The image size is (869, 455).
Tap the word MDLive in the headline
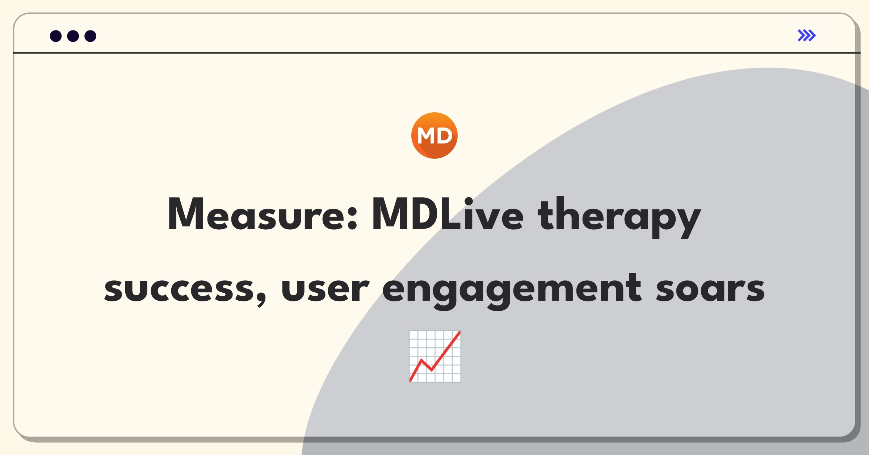(x=448, y=214)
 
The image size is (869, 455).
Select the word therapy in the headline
(x=619, y=217)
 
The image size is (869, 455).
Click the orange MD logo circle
(x=434, y=135)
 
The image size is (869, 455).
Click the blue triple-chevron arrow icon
(x=807, y=36)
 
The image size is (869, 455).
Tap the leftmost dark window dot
(x=56, y=36)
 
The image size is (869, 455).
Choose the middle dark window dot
(x=73, y=36)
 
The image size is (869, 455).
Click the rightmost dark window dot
(x=91, y=36)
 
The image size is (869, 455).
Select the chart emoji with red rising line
(x=435, y=356)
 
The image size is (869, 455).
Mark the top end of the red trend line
(x=459, y=332)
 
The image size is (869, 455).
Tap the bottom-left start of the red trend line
(x=411, y=380)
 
